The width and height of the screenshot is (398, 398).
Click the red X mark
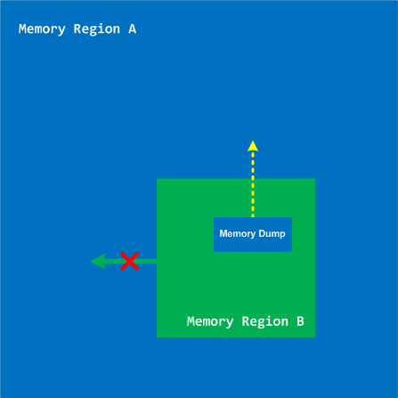pyautogui.click(x=129, y=261)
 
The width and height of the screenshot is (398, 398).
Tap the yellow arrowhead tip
pyautogui.click(x=253, y=141)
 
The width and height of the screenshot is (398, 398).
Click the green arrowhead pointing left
pyautogui.click(x=98, y=261)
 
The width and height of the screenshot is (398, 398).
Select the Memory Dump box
pyautogui.click(x=253, y=234)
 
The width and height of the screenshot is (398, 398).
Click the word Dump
pyautogui.click(x=272, y=233)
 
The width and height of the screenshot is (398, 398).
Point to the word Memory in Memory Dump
pyautogui.click(x=238, y=234)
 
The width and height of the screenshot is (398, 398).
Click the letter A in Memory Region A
pyautogui.click(x=133, y=28)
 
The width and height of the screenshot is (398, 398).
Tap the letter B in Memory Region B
pyautogui.click(x=300, y=321)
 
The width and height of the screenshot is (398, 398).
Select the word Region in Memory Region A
pyautogui.click(x=97, y=29)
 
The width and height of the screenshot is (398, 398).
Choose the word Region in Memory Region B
pyautogui.click(x=265, y=322)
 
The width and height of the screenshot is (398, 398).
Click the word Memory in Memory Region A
pyautogui.click(x=42, y=29)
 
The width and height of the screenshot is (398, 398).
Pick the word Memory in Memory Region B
pyautogui.click(x=210, y=322)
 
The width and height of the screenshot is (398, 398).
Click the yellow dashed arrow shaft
pyautogui.click(x=253, y=184)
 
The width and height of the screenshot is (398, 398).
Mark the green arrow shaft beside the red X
pyautogui.click(x=131, y=261)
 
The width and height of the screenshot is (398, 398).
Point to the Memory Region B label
pyautogui.click(x=246, y=322)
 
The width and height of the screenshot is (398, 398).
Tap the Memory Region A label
pyautogui.click(x=77, y=29)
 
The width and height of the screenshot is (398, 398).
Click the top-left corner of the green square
pyautogui.click(x=157, y=179)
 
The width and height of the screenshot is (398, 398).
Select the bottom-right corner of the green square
pyautogui.click(x=315, y=337)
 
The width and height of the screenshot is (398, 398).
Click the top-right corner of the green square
pyautogui.click(x=315, y=179)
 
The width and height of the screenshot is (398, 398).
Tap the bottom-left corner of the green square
pyautogui.click(x=157, y=337)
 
